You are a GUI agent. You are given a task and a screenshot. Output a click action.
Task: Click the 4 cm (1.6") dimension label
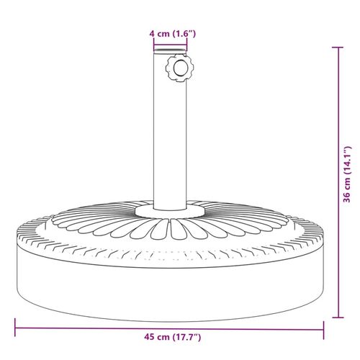point(171,32)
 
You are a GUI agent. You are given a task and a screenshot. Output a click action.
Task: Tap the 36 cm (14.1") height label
point(347,179)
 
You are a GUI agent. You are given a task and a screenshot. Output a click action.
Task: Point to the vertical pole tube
point(171,137)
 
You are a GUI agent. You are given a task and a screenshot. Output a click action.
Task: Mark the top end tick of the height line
point(337,48)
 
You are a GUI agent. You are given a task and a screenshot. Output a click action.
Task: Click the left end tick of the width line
point(15,329)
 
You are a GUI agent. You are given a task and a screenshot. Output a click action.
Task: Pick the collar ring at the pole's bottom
point(171,210)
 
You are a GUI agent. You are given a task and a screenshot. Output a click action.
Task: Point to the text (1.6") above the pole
point(181,32)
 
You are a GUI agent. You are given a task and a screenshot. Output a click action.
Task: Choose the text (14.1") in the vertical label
point(347,161)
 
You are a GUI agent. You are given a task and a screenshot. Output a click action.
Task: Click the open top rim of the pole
point(171,55)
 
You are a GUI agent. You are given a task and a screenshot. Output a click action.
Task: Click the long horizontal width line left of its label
point(72,329)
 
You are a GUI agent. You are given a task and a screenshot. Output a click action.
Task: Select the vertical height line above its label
point(337,94)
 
